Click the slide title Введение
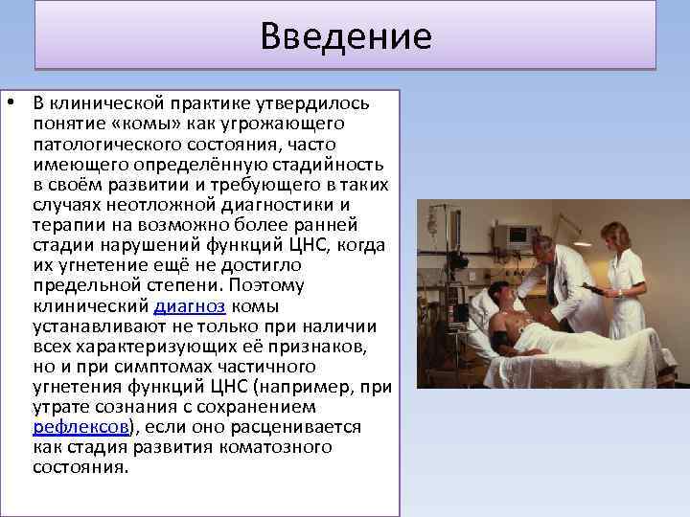346,36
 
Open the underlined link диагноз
189,306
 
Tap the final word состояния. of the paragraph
80,467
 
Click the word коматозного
287,447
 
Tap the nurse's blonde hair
610,235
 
